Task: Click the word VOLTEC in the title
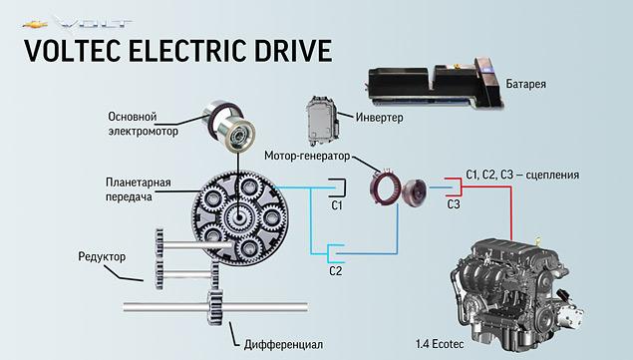[x=75, y=51]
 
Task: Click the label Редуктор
[x=100, y=257]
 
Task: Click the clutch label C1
[x=336, y=206]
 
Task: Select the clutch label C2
[x=336, y=270]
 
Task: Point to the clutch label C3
[x=454, y=204]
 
